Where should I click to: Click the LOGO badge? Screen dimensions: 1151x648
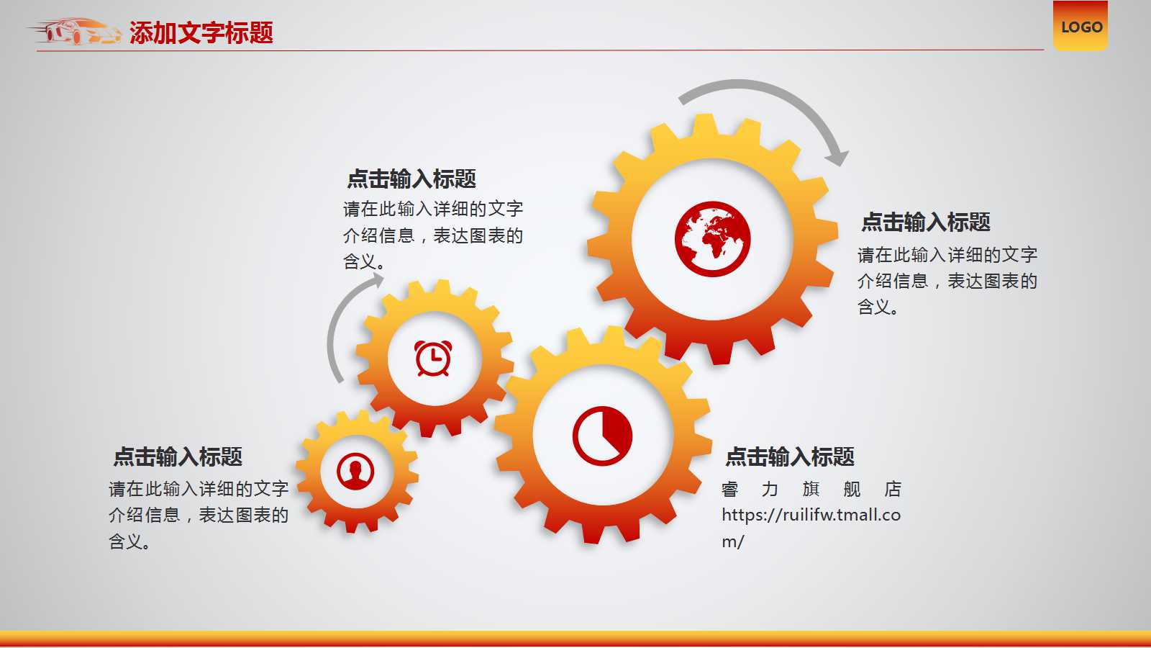point(1080,26)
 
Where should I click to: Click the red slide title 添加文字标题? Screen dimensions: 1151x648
point(201,33)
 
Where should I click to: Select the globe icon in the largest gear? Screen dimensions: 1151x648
point(712,239)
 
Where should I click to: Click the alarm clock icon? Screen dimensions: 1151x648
point(433,358)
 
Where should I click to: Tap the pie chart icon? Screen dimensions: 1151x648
point(602,436)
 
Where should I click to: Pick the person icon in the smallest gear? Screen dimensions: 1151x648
point(355,472)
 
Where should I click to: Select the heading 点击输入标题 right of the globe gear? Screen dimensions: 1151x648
point(925,222)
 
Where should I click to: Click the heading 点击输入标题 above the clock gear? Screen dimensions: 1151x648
point(411,179)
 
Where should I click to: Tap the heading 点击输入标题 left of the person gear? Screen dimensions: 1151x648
point(177,456)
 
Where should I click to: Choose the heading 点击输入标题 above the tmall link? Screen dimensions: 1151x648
point(789,456)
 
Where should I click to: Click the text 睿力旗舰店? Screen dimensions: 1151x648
point(811,489)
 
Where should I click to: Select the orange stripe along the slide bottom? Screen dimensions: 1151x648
point(575,638)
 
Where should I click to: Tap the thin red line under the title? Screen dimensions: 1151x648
point(540,50)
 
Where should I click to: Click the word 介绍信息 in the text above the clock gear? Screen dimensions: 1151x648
point(378,235)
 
